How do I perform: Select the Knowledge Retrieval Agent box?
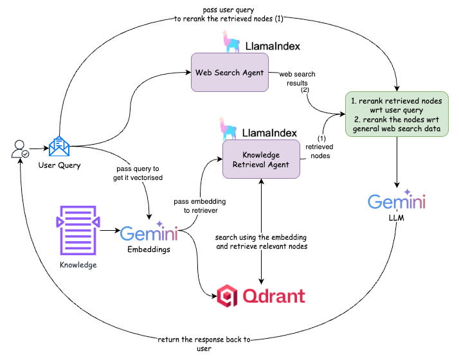click(x=262, y=159)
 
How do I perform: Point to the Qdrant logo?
click(x=260, y=296)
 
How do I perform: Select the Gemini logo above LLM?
click(x=396, y=201)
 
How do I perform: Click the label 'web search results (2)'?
click(x=297, y=82)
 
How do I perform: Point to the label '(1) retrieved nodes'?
click(x=319, y=147)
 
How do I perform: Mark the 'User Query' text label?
click(x=59, y=166)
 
